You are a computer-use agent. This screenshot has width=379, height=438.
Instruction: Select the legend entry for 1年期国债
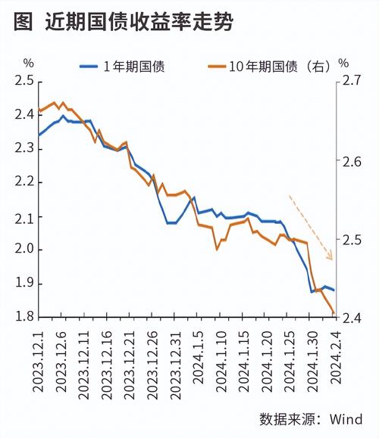click(x=133, y=66)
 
